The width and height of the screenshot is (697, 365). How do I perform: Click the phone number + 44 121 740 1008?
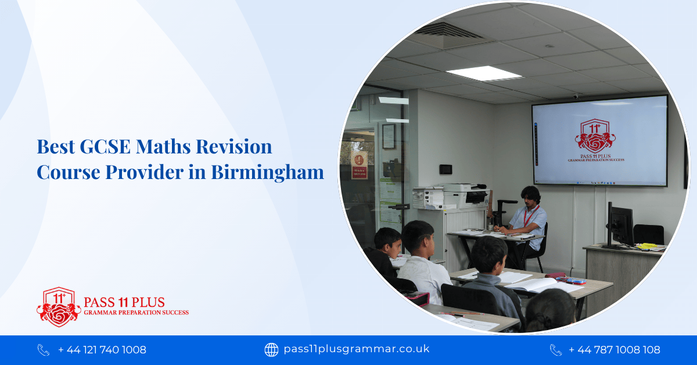point(102,350)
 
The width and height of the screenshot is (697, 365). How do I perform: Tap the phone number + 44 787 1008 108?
point(614,350)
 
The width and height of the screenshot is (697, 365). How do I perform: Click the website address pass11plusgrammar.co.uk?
point(356,349)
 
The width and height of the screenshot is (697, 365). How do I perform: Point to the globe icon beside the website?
point(271,349)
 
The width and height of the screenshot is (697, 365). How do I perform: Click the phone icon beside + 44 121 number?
point(44,350)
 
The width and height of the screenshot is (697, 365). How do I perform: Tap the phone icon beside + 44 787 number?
point(556,350)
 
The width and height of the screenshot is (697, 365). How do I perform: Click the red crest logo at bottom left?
point(59,306)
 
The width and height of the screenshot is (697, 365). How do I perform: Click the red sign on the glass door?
point(360,166)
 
